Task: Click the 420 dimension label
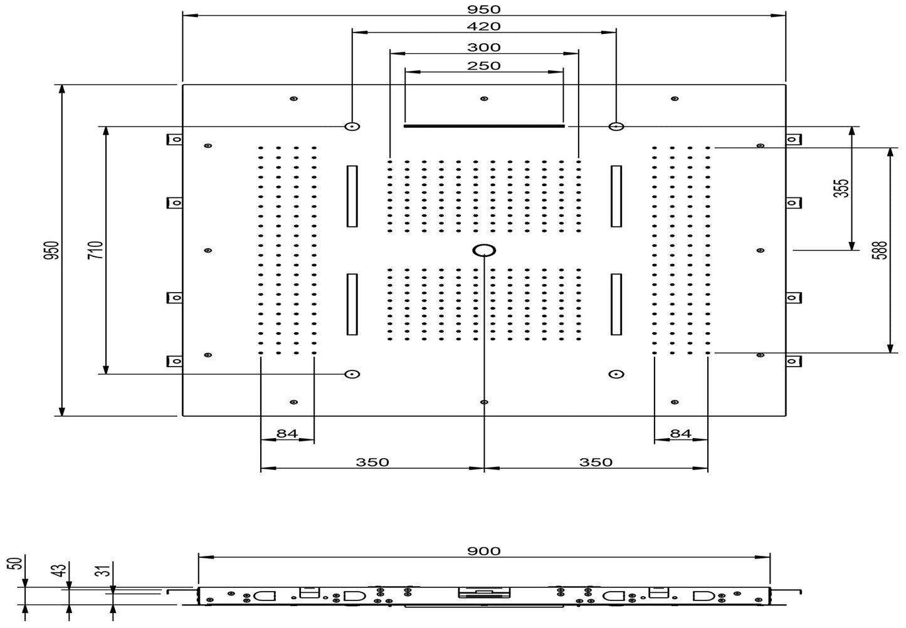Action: [x=483, y=26]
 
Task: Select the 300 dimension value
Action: [x=483, y=47]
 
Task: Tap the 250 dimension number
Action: [x=483, y=66]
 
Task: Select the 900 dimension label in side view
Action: [x=483, y=551]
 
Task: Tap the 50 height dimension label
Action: [x=18, y=563]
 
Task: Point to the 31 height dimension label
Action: [x=105, y=570]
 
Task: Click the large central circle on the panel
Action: [x=483, y=251]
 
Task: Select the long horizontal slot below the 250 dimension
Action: [x=483, y=126]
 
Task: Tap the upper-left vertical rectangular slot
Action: [x=352, y=196]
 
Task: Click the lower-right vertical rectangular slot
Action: [x=616, y=304]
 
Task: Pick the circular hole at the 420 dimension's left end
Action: [x=352, y=127]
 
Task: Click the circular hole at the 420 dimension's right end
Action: [x=616, y=127]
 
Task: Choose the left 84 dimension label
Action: [x=287, y=434]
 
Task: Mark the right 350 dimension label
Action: [x=595, y=463]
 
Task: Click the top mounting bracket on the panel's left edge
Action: [x=174, y=139]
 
